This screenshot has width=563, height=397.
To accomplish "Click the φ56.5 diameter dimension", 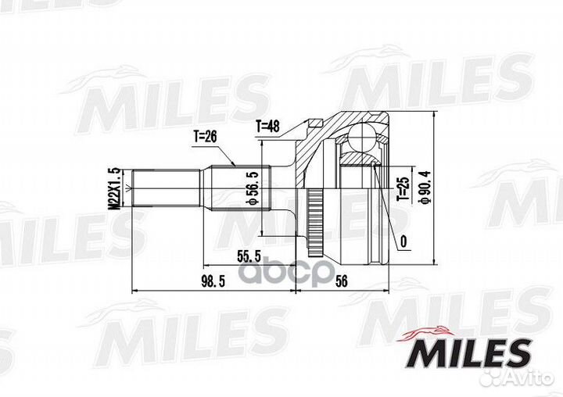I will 252,189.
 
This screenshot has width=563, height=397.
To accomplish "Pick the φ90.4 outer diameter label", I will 425,188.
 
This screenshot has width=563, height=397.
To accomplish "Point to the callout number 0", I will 403,242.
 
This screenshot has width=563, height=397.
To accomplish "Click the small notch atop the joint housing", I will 316,122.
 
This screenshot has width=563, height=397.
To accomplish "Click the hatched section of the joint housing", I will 358,159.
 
